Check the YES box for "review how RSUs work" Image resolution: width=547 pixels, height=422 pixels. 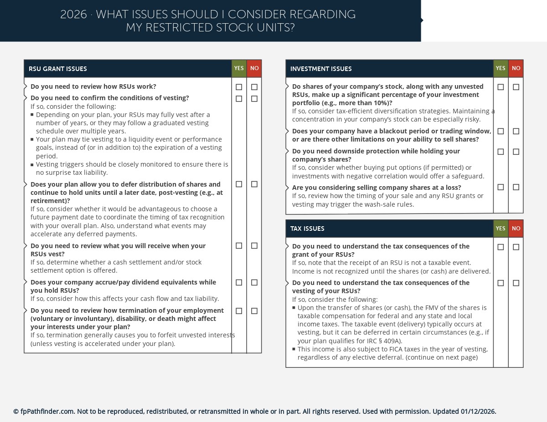click(x=239, y=87)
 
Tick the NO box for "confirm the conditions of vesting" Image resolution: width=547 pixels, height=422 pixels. click(x=254, y=99)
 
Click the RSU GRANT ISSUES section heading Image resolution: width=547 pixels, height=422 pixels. click(x=58, y=69)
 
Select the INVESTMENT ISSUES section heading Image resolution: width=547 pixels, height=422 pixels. click(x=321, y=69)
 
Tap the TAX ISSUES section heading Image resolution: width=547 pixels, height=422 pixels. click(x=307, y=229)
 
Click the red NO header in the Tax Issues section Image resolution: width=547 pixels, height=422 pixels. click(x=516, y=229)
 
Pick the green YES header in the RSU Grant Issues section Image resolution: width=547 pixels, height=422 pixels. click(x=239, y=68)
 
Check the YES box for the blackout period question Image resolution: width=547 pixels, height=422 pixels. click(x=501, y=132)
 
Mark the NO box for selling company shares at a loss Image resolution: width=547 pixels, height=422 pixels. click(x=516, y=187)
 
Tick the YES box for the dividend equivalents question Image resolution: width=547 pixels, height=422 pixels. click(x=239, y=283)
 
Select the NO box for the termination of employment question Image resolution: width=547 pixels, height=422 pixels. click(x=254, y=311)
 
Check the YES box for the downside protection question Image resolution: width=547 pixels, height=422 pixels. click(x=501, y=152)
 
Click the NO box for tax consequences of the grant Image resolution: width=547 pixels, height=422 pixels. click(x=516, y=247)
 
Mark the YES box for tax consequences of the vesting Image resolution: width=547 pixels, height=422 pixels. click(x=501, y=283)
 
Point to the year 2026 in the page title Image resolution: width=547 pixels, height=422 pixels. click(x=73, y=15)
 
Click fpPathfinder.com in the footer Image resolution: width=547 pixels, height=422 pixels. click(x=47, y=412)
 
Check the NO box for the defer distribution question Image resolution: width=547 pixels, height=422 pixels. click(x=254, y=184)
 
